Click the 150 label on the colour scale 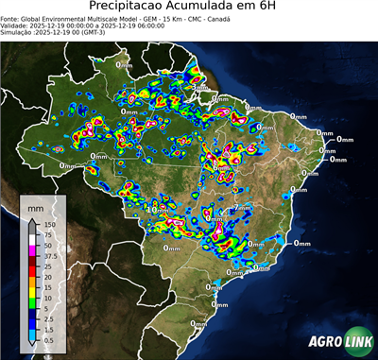(49, 224)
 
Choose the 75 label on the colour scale (47, 233)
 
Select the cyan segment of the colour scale (33, 327)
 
